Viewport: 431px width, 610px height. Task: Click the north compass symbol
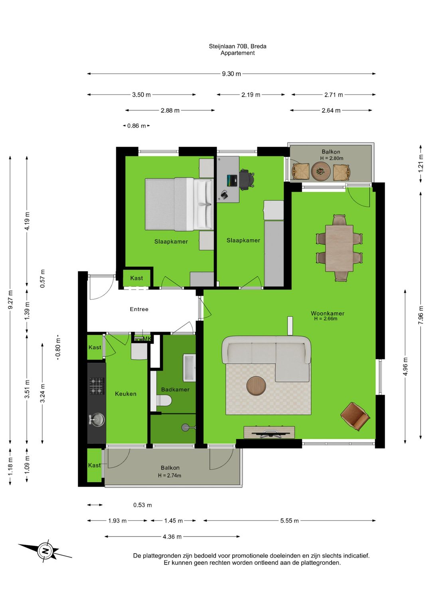(45, 551)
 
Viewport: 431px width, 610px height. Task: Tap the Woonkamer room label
(327, 314)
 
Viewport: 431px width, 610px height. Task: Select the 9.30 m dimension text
(231, 74)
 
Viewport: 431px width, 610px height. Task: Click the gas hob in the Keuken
(97, 386)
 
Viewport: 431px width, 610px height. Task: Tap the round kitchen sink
(96, 419)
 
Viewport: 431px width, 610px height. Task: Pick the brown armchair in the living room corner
(355, 417)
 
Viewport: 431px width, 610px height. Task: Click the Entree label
(139, 309)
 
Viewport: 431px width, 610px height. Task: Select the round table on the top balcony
(321, 171)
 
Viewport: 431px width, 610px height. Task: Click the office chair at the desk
(247, 178)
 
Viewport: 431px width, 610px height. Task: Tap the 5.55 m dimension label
(289, 521)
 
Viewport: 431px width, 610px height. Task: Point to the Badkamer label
(175, 389)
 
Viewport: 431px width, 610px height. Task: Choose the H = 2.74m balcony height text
(170, 475)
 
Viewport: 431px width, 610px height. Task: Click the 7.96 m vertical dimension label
(421, 315)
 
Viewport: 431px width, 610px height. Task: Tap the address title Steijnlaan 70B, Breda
(237, 46)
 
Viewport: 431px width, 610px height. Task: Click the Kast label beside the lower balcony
(94, 465)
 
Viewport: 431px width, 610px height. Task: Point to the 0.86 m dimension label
(136, 126)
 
